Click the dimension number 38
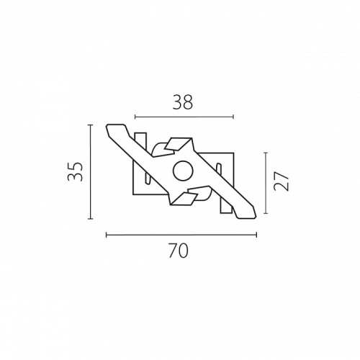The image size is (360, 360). click(183, 102)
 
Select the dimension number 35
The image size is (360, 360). click(75, 171)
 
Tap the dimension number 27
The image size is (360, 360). click(281, 181)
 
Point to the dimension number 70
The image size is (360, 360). click(179, 251)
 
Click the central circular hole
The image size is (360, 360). click(183, 171)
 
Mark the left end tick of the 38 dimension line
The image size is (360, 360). click(135, 117)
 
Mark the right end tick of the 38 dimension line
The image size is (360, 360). click(233, 117)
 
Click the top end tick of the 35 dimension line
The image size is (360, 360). click(90, 125)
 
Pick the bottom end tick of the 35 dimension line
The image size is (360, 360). click(90, 219)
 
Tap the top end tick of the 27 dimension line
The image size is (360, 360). click(266, 153)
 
